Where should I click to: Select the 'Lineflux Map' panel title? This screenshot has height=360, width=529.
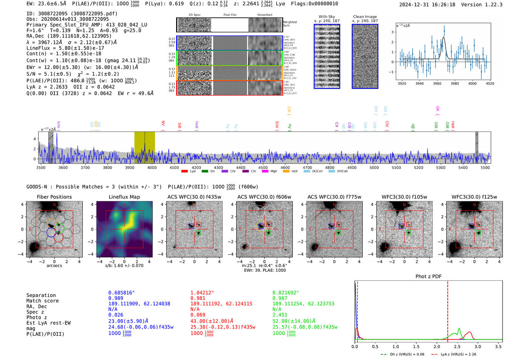pos(124,197)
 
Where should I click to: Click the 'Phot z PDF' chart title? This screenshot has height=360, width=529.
pos(428,276)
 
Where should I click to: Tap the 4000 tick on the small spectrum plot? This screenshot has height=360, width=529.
pos(472,83)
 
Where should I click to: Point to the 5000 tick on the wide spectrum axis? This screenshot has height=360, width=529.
pos(374,167)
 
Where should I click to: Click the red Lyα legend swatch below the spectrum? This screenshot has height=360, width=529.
pos(184,171)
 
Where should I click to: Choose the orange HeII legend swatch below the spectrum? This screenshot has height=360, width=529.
pos(286,171)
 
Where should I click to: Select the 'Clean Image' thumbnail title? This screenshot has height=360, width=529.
pos(365,17)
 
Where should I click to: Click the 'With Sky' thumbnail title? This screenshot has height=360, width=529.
pos(326,17)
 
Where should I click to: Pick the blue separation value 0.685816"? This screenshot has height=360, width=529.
pos(121,293)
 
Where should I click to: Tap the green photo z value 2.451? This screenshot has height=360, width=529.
pos(280,315)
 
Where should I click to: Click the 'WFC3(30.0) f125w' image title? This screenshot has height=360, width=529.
pos(474,197)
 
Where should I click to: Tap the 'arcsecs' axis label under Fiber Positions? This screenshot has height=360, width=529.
pos(54,266)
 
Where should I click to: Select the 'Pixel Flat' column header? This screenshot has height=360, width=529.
pos(230,15)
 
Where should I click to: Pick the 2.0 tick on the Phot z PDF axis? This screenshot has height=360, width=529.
pos(436,346)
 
